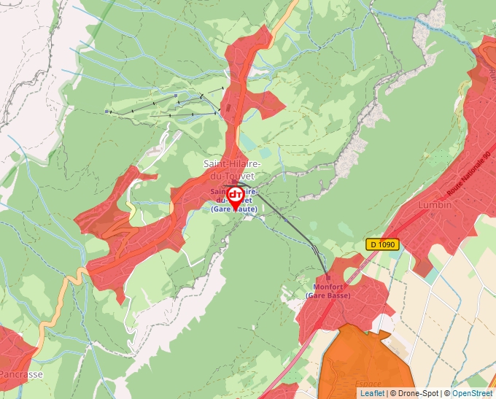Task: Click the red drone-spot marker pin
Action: pyautogui.click(x=235, y=196)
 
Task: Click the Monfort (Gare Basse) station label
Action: pyautogui.click(x=328, y=291)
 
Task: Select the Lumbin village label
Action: pyautogui.click(x=435, y=206)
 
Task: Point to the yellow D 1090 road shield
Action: pyautogui.click(x=382, y=245)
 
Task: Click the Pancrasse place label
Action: pyautogui.click(x=20, y=374)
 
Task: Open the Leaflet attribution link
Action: pyautogui.click(x=372, y=393)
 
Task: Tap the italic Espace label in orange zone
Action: pyautogui.click(x=368, y=384)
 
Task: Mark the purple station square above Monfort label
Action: pyautogui.click(x=328, y=278)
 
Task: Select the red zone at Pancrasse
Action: pyautogui.click(x=15, y=350)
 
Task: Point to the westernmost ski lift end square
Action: pyautogui.click(x=106, y=112)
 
